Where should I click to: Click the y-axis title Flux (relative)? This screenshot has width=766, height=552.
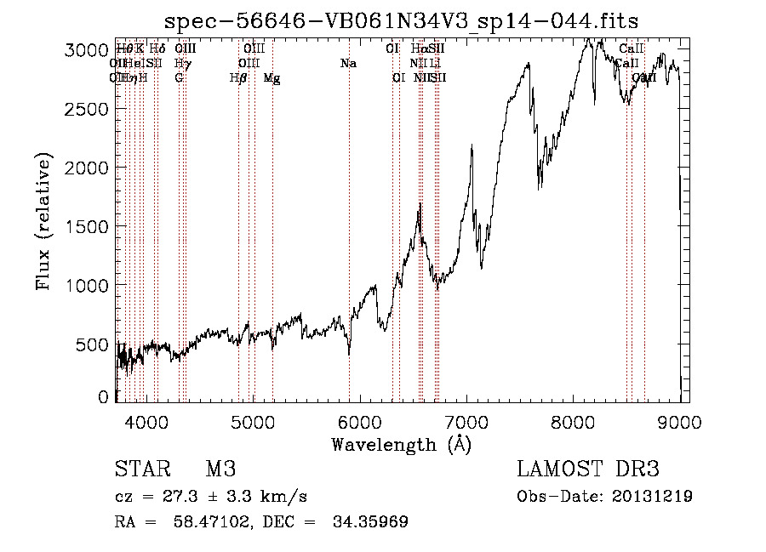(x=44, y=221)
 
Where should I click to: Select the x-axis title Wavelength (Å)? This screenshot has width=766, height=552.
(x=401, y=444)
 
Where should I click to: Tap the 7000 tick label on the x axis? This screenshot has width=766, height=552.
(x=466, y=421)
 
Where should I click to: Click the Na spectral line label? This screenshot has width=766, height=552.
(x=348, y=63)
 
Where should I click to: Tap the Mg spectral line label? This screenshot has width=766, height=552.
(x=272, y=78)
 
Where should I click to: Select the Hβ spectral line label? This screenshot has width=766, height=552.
(x=238, y=78)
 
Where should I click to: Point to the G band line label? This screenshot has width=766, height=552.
(x=179, y=78)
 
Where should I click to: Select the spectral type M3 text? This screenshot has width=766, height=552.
(x=220, y=469)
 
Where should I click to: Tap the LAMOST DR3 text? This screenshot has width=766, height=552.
(x=587, y=469)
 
